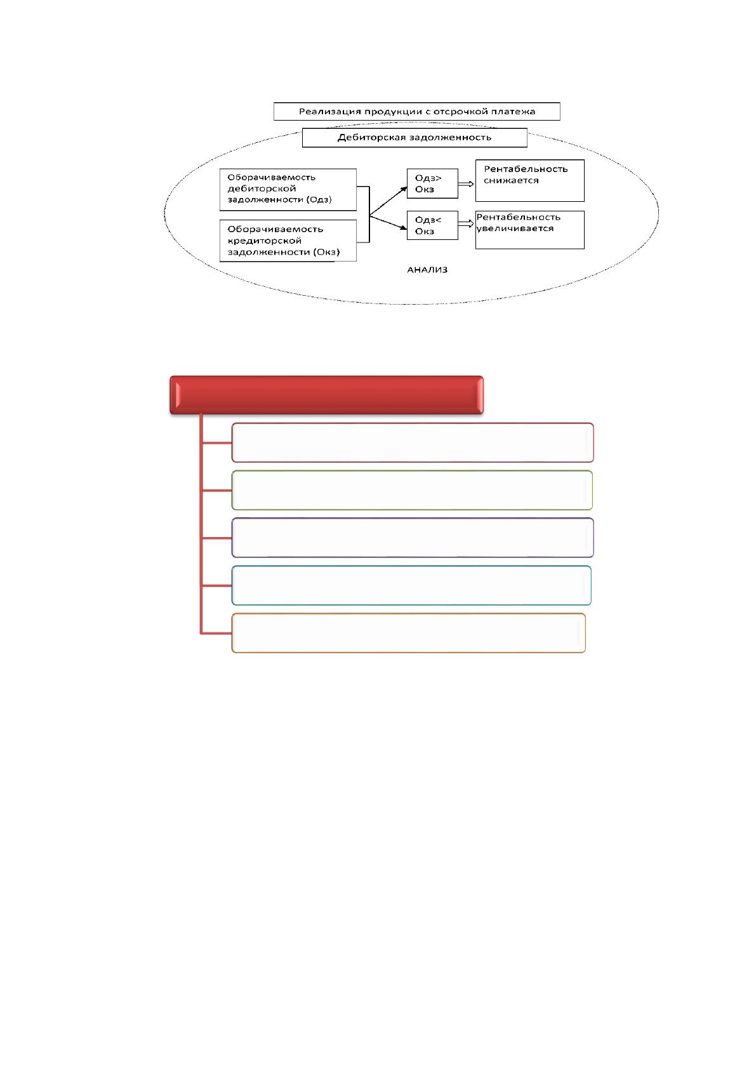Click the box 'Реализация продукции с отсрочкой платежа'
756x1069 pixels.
[x=416, y=111]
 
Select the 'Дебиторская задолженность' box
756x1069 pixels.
[x=414, y=138]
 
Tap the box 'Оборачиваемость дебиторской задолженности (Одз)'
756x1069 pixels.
[x=288, y=189]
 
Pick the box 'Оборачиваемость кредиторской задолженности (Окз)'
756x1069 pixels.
[x=288, y=241]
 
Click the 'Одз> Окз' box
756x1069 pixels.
[x=432, y=183]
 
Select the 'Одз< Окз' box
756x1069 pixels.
[x=432, y=225]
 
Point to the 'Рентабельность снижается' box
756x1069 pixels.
[x=530, y=180]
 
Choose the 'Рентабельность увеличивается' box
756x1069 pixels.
[x=530, y=230]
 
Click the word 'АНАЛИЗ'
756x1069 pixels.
[x=427, y=270]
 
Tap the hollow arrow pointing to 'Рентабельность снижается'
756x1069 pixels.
[x=466, y=183]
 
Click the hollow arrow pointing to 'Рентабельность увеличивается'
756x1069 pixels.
[x=466, y=224]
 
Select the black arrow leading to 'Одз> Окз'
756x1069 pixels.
[x=388, y=201]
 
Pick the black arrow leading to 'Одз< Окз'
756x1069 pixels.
[x=388, y=223]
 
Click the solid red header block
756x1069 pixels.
[x=326, y=395]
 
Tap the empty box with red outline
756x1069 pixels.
[x=413, y=442]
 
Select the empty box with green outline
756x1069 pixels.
[x=412, y=490]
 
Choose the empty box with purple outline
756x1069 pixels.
[x=413, y=538]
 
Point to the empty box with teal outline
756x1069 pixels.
[x=411, y=585]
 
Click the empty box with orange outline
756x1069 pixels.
[x=409, y=633]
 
